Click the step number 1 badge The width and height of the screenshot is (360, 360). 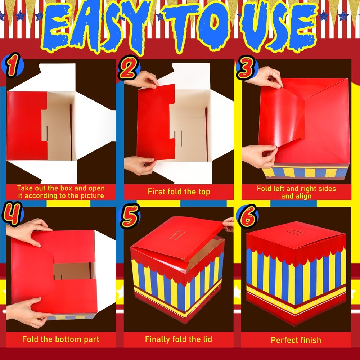pyautogui.click(x=13, y=65)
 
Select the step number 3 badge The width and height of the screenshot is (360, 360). pyautogui.click(x=247, y=67)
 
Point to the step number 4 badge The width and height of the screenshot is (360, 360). pyautogui.click(x=12, y=214)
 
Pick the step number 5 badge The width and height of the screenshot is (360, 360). pyautogui.click(x=130, y=216)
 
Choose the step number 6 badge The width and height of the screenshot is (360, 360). pyautogui.click(x=247, y=216)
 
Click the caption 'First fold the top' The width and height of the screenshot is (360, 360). pyautogui.click(x=179, y=192)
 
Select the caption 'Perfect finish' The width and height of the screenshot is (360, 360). pyautogui.click(x=296, y=340)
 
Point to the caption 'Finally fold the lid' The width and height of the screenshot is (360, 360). pyautogui.click(x=179, y=339)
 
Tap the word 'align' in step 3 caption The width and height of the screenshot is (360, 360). pyautogui.click(x=303, y=196)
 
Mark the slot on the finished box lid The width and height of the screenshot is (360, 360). pyautogui.click(x=295, y=232)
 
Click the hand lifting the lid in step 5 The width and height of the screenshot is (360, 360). pyautogui.click(x=228, y=224)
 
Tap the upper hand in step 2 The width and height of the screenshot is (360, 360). pyautogui.click(x=142, y=80)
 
